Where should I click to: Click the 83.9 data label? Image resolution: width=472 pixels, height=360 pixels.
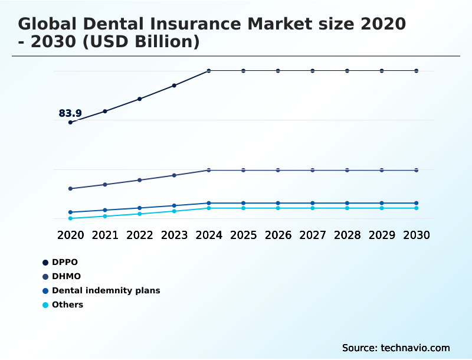pos(70,113)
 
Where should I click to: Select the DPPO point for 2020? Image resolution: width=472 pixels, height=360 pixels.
pos(70,122)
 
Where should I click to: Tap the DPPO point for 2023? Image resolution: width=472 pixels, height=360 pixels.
pos(174,86)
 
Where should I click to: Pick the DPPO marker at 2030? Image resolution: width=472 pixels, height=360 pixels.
pos(417,71)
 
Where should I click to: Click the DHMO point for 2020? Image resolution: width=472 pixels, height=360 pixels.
pos(70,189)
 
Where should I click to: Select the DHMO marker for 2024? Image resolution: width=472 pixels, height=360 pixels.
pos(209,170)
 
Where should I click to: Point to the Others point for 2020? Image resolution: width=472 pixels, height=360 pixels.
pos(70,218)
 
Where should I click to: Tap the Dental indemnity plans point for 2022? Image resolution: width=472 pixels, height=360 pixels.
pos(140,208)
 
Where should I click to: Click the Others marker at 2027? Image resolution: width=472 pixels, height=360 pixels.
pos(313,208)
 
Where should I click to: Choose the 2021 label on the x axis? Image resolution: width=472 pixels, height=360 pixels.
pos(105,235)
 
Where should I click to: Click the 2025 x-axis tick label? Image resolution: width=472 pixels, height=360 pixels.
pos(243,235)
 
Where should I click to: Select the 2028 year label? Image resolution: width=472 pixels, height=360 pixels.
pos(347,235)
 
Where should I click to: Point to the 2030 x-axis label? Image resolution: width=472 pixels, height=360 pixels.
pos(417,235)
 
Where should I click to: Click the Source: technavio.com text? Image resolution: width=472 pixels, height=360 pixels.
pos(396,348)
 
